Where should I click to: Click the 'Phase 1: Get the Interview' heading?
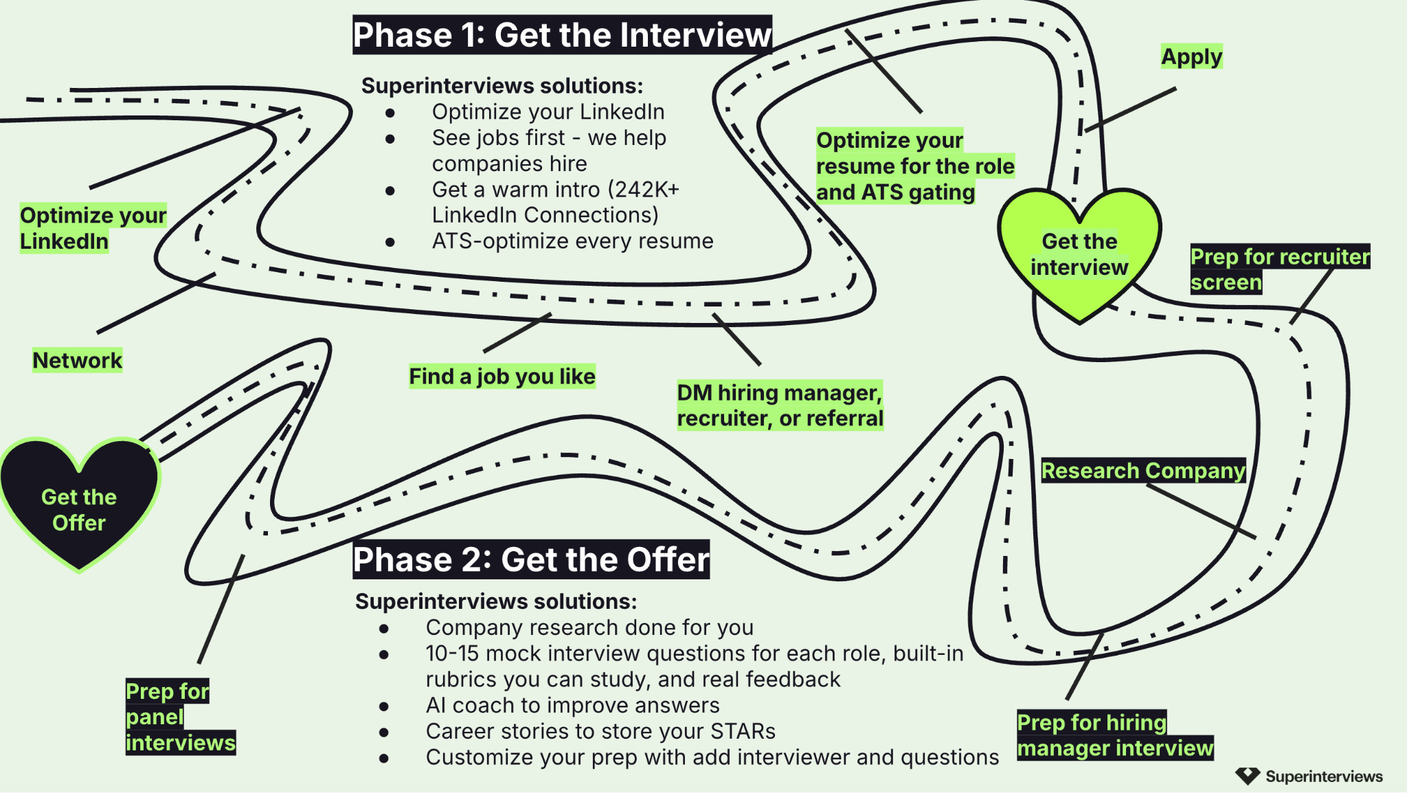tap(562, 34)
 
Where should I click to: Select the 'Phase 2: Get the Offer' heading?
tap(531, 559)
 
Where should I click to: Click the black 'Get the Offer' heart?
tap(79, 505)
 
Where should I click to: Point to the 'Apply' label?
tap(1192, 56)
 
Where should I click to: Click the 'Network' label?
tap(78, 360)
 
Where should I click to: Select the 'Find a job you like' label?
tap(502, 376)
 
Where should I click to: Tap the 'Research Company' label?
tap(1143, 471)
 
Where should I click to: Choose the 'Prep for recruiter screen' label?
tap(1280, 269)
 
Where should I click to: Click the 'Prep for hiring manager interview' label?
tap(1115, 735)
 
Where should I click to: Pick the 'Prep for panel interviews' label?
tap(181, 717)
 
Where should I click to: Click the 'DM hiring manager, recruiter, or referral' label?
tap(780, 405)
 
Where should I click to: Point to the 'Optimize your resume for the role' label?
tap(915, 166)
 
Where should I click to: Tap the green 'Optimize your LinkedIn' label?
tap(93, 228)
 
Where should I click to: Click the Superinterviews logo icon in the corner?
tap(1248, 776)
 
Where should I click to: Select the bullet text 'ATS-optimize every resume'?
tap(572, 241)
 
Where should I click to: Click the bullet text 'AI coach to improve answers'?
tap(572, 705)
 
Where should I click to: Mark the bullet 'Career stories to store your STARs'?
tap(600, 731)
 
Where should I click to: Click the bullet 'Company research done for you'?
tap(589, 627)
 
